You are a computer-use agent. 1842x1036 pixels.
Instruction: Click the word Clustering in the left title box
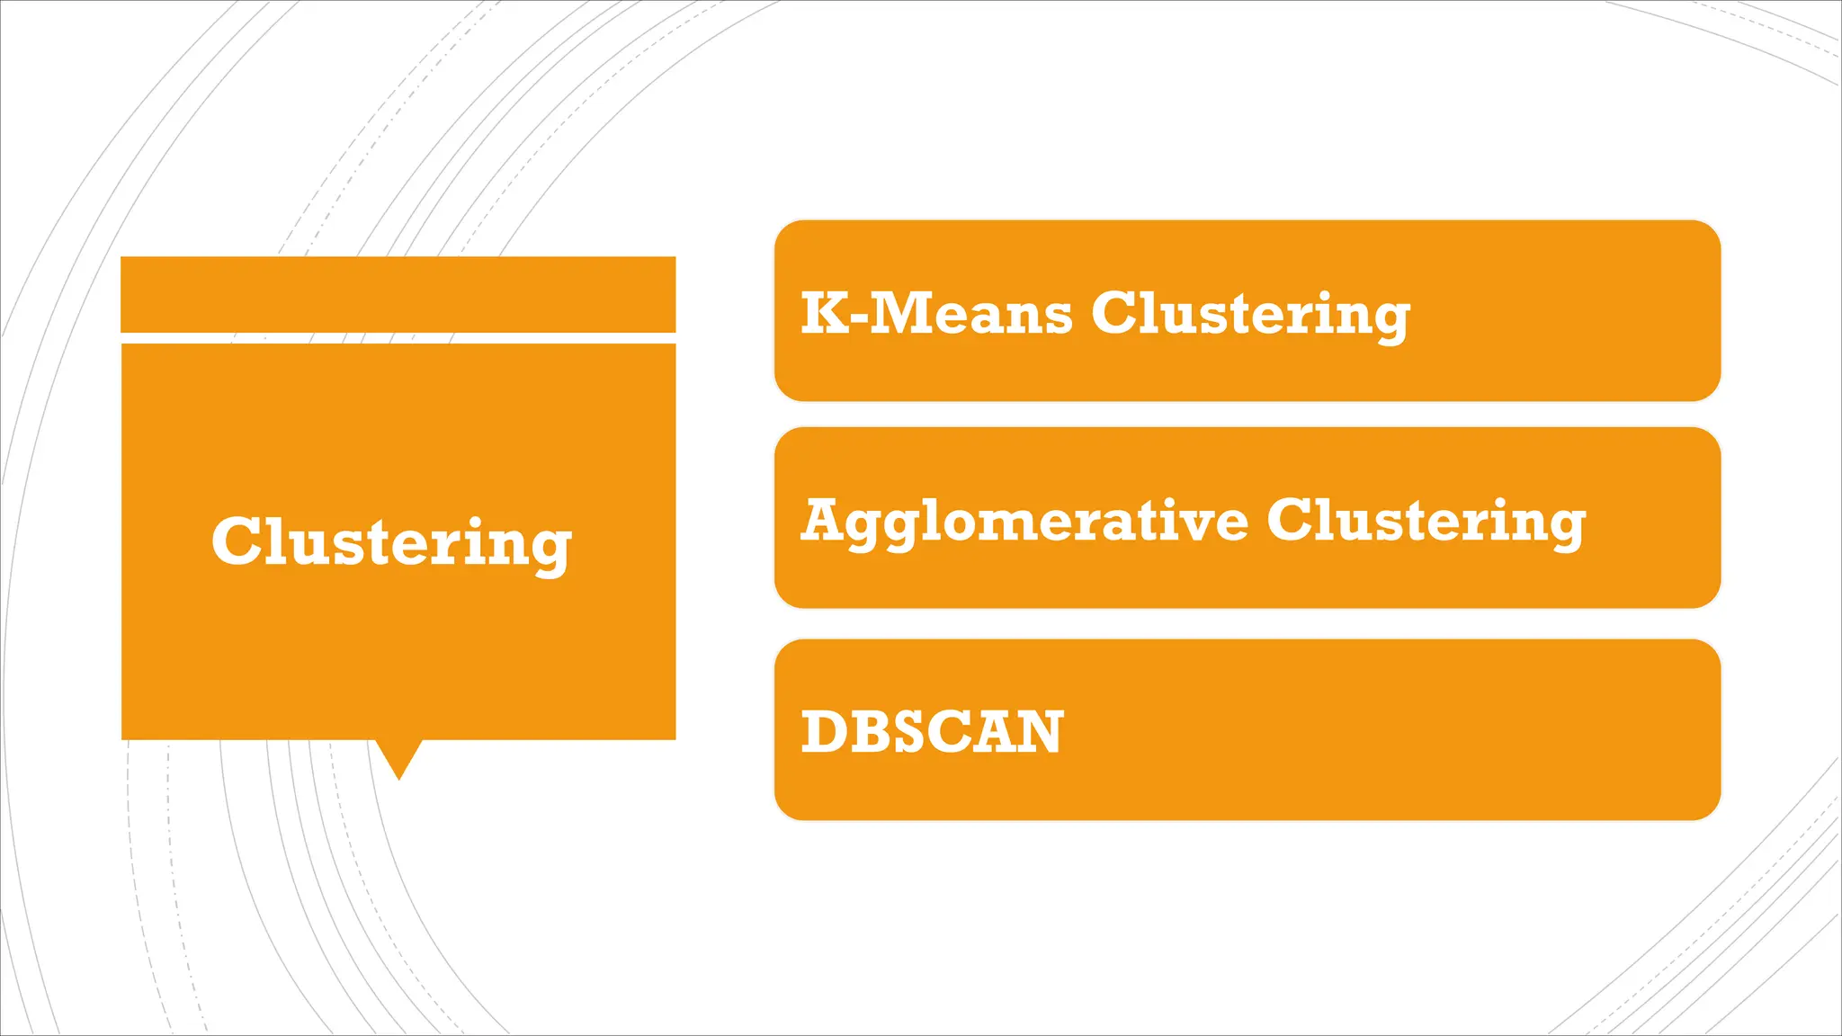(391, 542)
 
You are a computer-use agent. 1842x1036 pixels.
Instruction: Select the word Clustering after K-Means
(1250, 315)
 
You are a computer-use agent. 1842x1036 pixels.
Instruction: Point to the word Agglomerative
(1024, 522)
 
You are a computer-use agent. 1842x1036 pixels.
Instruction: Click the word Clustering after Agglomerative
(1426, 522)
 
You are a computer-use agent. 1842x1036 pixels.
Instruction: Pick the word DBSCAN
(932, 731)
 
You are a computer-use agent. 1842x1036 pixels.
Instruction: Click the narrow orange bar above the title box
(398, 294)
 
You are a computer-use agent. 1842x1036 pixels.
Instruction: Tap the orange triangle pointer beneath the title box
(398, 757)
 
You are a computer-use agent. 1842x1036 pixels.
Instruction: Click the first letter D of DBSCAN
(822, 731)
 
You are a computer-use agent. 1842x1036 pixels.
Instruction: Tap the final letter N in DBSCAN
(1041, 731)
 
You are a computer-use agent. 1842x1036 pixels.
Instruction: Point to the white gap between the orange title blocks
(398, 338)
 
